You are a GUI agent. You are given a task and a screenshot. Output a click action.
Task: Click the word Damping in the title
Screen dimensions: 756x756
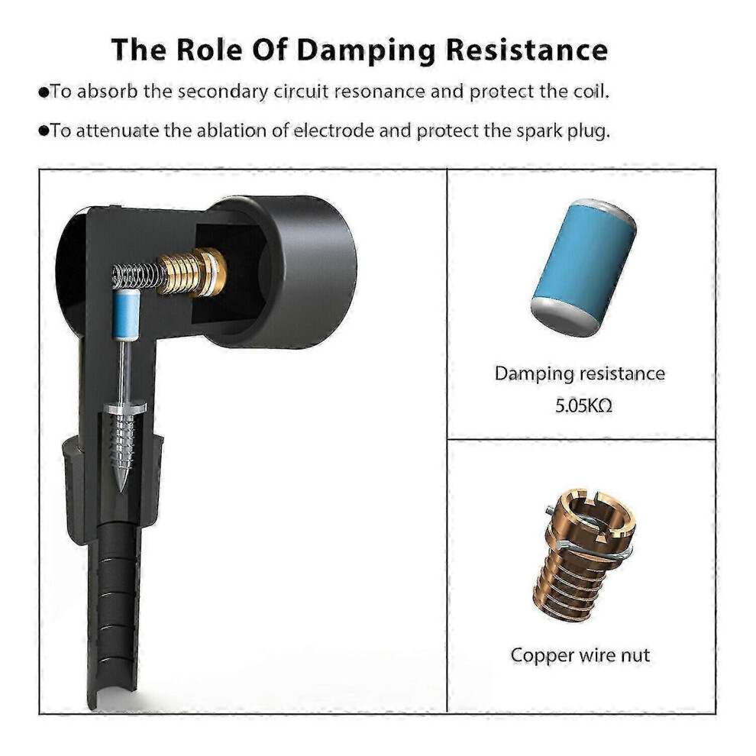click(366, 50)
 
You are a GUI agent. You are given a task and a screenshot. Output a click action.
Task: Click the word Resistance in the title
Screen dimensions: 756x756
click(526, 49)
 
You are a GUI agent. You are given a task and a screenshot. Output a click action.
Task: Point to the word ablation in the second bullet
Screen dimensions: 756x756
click(231, 130)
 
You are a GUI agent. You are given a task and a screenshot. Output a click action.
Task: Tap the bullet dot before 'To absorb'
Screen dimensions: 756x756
click(44, 92)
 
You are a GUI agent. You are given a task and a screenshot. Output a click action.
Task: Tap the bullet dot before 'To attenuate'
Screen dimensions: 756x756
click(44, 131)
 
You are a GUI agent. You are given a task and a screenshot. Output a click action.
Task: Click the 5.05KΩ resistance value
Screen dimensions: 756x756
click(583, 406)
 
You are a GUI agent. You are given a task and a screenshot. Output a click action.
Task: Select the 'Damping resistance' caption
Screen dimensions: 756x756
click(580, 373)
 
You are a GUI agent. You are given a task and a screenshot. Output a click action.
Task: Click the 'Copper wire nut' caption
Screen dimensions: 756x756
click(580, 654)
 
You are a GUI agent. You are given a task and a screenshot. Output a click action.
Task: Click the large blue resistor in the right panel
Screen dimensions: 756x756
click(583, 267)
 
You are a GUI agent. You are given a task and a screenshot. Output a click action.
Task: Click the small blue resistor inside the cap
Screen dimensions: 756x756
click(126, 315)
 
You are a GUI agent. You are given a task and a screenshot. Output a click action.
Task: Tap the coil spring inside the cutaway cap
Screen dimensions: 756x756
click(137, 276)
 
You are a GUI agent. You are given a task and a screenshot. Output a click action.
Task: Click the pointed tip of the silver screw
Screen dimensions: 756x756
click(121, 491)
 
